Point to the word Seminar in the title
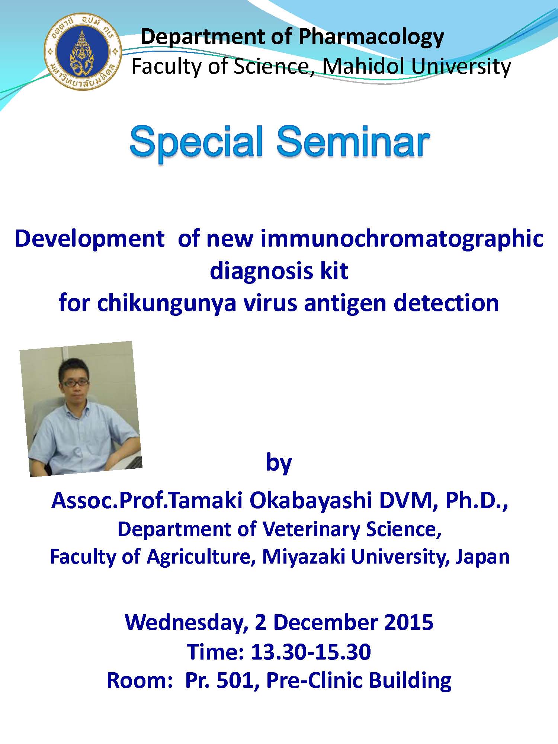[353, 142]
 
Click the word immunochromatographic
[402, 238]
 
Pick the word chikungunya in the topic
[167, 303]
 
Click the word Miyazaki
[304, 557]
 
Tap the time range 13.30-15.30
[311, 652]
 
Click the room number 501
[237, 680]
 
